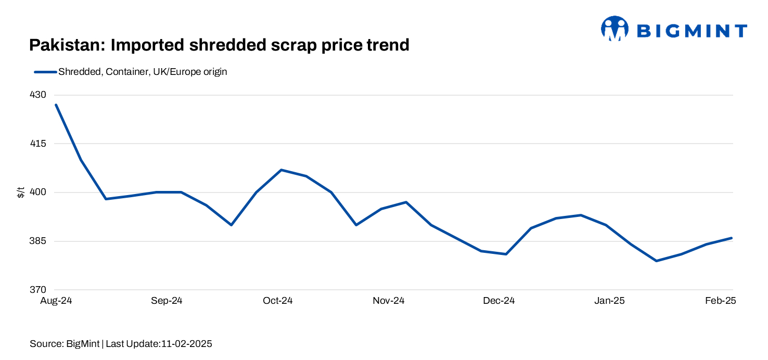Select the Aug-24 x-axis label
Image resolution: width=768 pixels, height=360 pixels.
click(56, 301)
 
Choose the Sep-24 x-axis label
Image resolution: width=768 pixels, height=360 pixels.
click(167, 301)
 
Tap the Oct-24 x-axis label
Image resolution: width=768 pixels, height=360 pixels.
click(277, 301)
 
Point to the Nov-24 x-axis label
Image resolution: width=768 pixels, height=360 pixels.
click(388, 301)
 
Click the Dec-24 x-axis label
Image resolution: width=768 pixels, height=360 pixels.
click(498, 301)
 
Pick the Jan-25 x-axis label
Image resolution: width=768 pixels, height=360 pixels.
click(609, 301)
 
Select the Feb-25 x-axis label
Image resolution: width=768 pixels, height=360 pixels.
click(720, 301)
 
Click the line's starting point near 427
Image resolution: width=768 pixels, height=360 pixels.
click(56, 105)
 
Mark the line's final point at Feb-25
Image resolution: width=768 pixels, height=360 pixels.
click(732, 238)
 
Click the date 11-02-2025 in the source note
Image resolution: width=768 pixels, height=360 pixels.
click(187, 344)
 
